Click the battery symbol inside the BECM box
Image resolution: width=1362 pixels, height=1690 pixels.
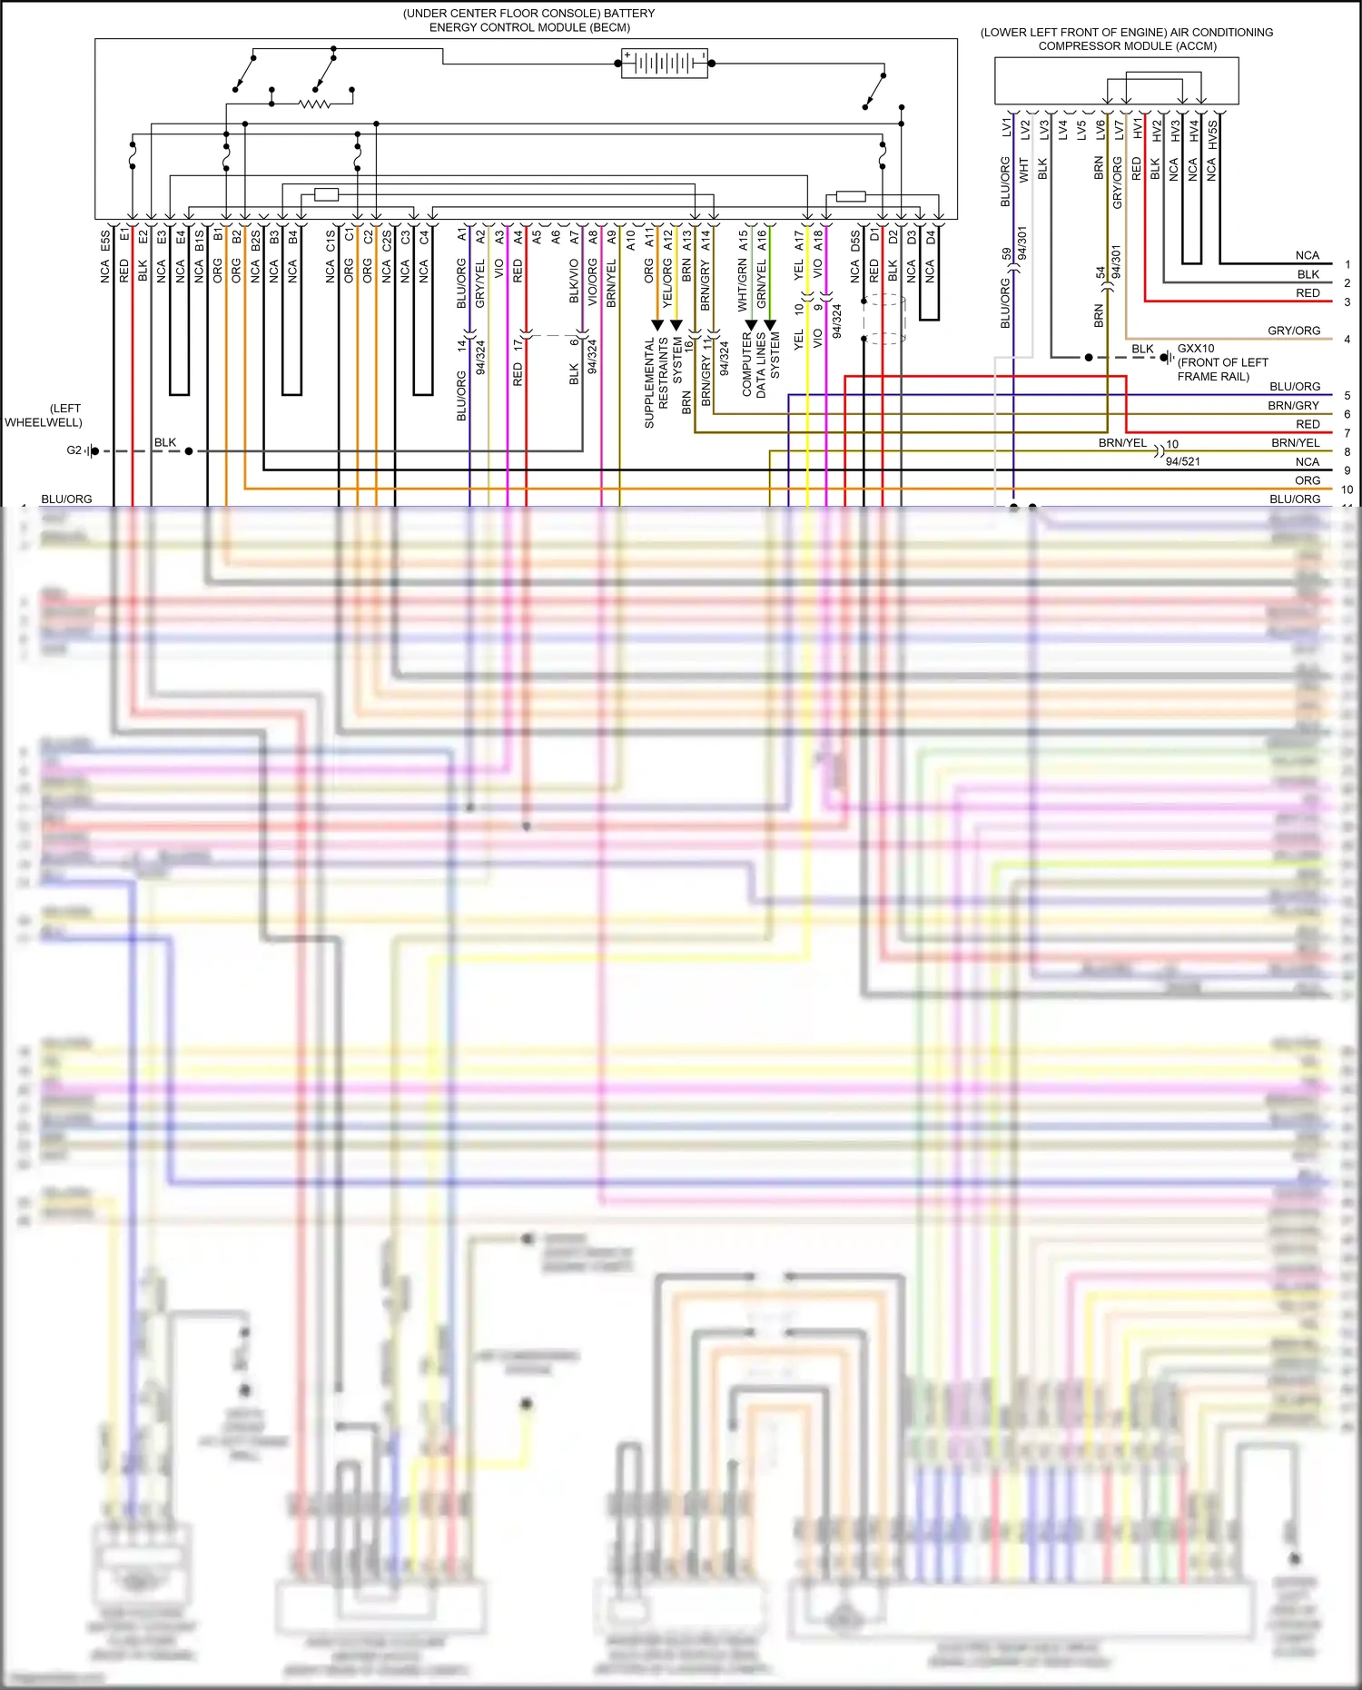[664, 63]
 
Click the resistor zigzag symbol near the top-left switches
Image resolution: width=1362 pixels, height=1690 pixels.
[314, 104]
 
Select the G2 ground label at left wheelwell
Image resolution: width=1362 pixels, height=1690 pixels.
[74, 450]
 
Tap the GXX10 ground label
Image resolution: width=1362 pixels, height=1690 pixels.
[1195, 349]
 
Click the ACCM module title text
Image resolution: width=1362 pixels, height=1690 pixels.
[1126, 39]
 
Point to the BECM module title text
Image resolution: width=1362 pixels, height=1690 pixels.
[528, 20]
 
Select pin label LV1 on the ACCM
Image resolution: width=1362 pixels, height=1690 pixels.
[1006, 127]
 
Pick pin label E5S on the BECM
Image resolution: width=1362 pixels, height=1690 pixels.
[105, 241]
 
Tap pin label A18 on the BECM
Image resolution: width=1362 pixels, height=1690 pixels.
[818, 241]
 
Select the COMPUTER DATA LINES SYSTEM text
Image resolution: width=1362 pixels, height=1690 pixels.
[761, 363]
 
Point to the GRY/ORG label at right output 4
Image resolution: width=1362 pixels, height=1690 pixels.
[1294, 331]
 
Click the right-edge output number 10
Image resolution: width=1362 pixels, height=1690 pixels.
[1347, 489]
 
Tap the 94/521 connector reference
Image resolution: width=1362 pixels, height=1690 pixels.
[1182, 461]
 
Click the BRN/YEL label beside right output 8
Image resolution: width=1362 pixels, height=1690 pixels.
[1295, 443]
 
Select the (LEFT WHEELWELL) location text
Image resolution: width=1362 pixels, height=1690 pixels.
[44, 415]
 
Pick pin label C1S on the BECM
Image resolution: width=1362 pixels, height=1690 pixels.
[331, 241]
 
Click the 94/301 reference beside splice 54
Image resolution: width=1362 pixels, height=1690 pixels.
[1116, 262]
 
